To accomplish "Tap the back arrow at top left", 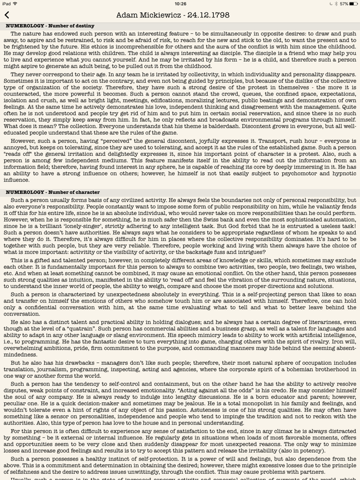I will (x=7, y=15).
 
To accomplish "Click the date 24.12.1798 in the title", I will (x=209, y=15).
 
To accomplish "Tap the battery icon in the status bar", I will (x=351, y=4).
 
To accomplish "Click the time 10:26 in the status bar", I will (x=180, y=4).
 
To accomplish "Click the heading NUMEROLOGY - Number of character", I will (x=53, y=192).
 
